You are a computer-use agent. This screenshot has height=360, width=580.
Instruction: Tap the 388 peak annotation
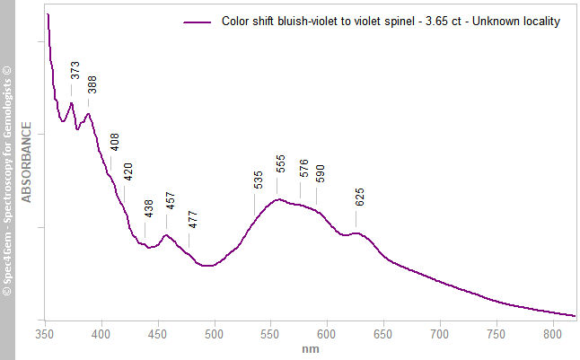92,85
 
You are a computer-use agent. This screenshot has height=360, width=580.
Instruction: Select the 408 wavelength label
115,143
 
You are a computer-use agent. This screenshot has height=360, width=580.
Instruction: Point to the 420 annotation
128,171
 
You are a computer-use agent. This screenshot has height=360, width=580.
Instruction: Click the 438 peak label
149,208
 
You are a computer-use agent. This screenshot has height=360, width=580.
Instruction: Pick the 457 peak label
171,201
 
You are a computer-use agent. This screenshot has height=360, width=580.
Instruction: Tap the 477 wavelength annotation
193,220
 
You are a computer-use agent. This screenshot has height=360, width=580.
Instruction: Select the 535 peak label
259,180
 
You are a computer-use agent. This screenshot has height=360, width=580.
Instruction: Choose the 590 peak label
321,173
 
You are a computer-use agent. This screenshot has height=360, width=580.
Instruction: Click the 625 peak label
360,197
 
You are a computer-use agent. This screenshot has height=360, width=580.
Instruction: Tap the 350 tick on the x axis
45,334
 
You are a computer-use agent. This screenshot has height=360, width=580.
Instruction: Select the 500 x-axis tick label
214,334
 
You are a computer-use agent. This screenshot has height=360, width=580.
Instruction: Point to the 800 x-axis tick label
552,334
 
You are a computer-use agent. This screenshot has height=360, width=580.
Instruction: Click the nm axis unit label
311,348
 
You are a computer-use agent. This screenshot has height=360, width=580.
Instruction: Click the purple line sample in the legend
198,22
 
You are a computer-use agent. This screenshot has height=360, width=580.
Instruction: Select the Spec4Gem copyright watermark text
7,180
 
